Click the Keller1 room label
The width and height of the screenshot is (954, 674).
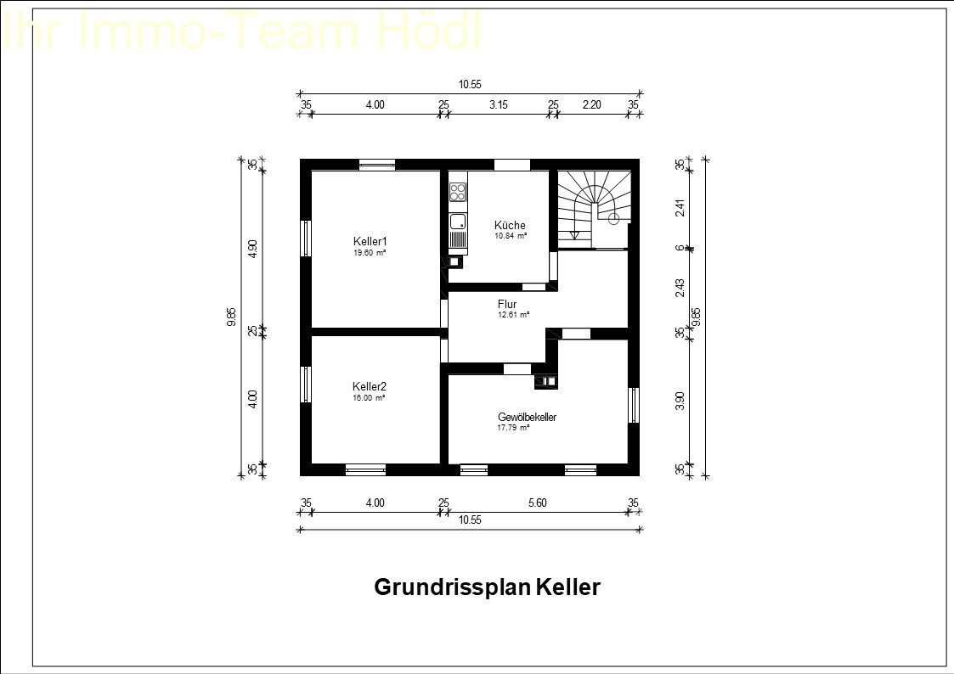point(370,241)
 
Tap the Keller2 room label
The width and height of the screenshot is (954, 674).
point(370,386)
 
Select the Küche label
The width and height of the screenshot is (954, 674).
point(510,225)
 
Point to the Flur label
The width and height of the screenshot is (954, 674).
point(507,304)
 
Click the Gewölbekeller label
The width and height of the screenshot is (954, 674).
point(527,417)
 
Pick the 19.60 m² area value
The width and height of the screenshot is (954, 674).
point(370,253)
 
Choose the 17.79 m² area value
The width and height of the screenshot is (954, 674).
point(513,428)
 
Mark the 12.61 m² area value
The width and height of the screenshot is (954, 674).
point(513,315)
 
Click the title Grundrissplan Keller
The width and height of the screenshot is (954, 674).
point(487,587)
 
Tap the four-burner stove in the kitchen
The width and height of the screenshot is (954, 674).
point(458,192)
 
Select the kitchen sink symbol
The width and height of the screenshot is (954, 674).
point(458,222)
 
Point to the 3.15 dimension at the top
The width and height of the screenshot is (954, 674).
point(499,104)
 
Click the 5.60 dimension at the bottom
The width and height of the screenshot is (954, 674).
point(537,503)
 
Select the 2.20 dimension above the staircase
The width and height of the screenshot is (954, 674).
point(592,104)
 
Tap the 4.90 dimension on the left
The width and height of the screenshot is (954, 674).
point(252,249)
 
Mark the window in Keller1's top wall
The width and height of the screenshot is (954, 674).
point(376,165)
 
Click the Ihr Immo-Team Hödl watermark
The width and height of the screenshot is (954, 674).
point(242,32)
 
